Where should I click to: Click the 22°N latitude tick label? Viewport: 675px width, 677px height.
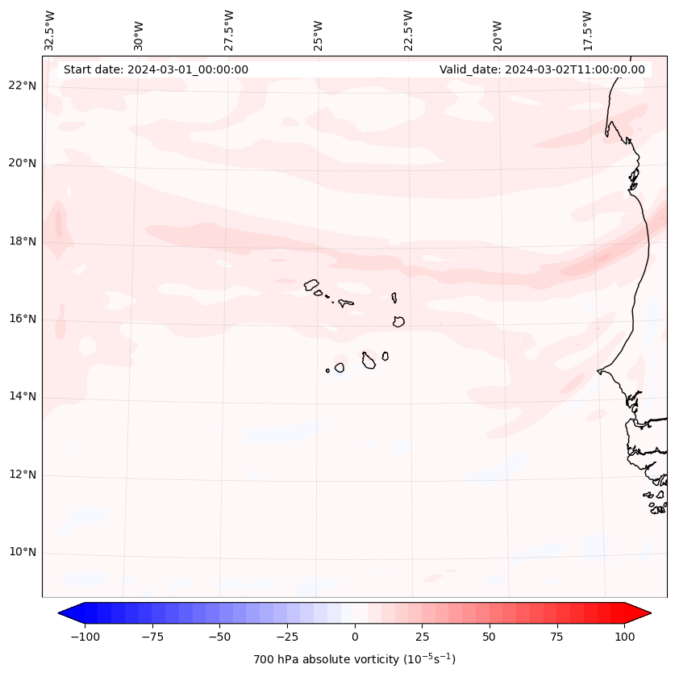coord(23,86)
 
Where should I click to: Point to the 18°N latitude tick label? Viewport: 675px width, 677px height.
coord(23,241)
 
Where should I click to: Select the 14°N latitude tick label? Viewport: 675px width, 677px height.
coord(23,396)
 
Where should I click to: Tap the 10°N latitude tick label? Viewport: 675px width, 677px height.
coord(23,553)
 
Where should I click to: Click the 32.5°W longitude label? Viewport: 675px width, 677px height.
coord(50,30)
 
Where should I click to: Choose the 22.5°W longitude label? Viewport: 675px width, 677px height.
coord(407,30)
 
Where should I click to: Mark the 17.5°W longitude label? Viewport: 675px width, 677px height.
coord(586,30)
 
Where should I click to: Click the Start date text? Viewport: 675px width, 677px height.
coord(156,69)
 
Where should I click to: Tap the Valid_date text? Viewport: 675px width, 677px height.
coord(542,69)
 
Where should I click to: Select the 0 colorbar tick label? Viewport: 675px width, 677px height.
coord(355,637)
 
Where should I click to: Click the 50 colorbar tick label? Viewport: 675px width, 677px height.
coord(490,637)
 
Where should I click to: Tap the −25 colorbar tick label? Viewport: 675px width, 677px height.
coord(287,637)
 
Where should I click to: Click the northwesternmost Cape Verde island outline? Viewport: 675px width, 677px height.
coord(311,284)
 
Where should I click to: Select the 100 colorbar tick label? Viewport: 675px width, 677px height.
coord(624,637)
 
